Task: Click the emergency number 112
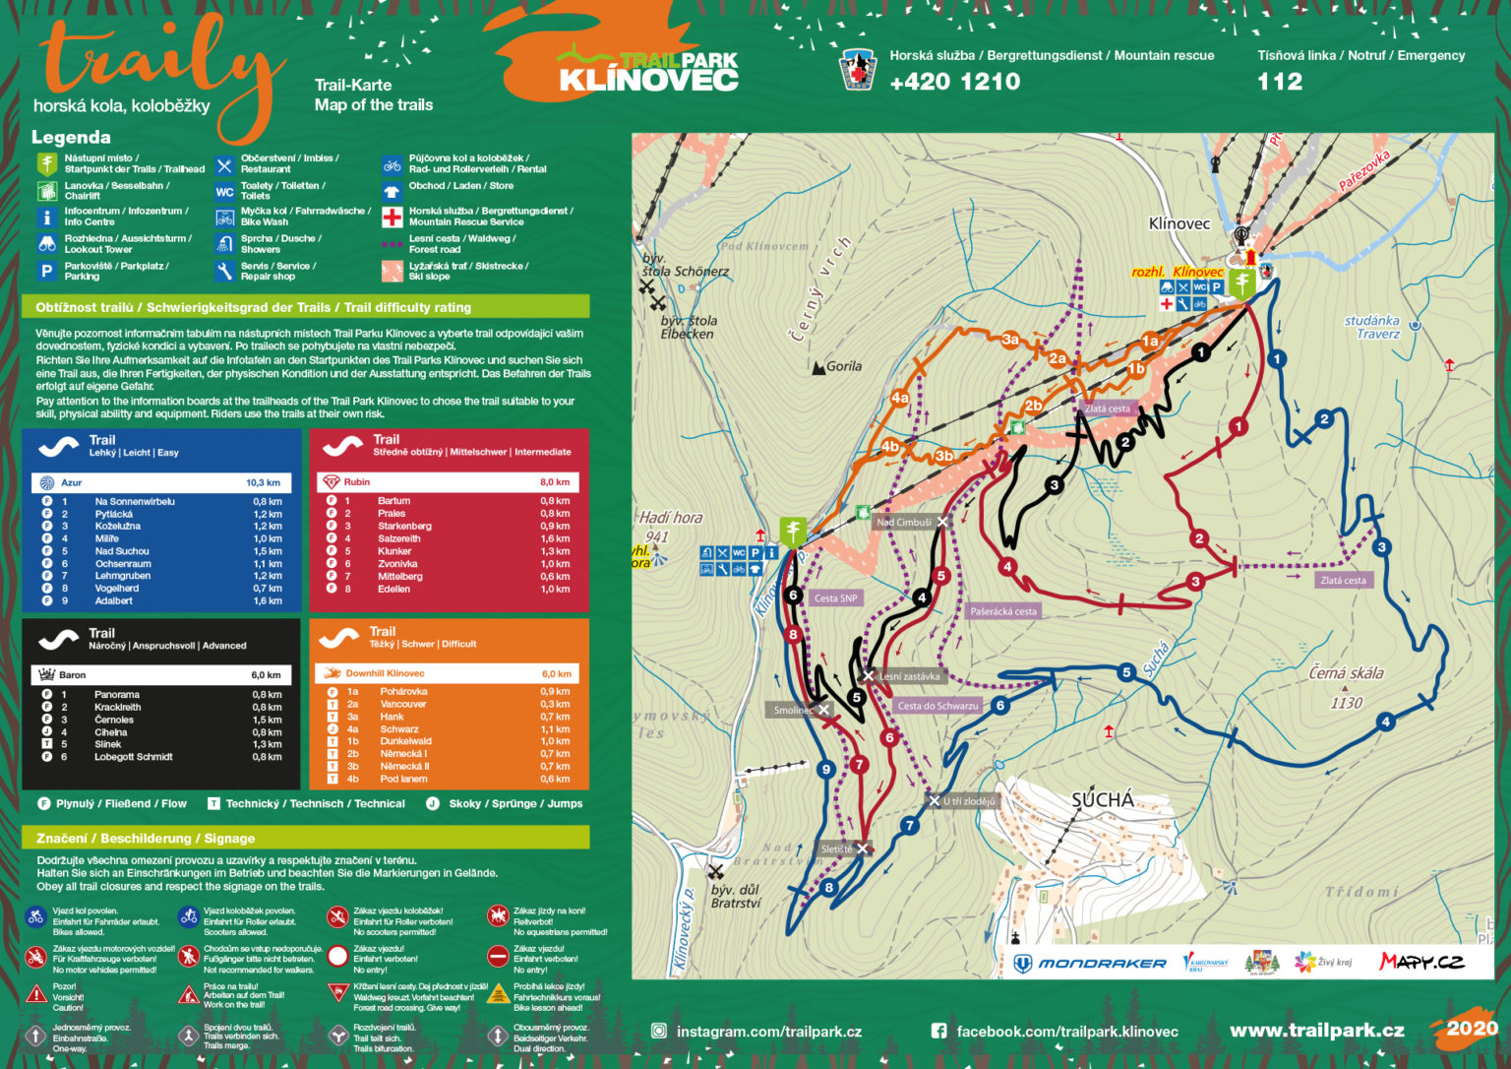click(x=1279, y=82)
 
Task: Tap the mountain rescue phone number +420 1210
click(x=954, y=82)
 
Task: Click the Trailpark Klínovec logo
click(x=649, y=70)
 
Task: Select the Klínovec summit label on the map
click(x=1179, y=223)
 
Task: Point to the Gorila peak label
click(x=842, y=366)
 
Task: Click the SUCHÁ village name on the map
click(x=1102, y=799)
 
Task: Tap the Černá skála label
click(x=1346, y=673)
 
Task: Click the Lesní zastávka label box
click(x=909, y=676)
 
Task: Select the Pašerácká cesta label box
click(x=1003, y=611)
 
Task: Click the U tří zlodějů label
click(x=969, y=801)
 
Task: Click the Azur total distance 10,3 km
click(x=263, y=482)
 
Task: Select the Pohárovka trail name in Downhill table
click(x=403, y=692)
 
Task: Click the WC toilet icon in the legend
click(x=224, y=192)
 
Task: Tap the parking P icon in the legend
click(x=46, y=271)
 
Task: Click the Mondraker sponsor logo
click(x=1090, y=963)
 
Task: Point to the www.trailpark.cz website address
click(x=1316, y=1031)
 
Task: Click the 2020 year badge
click(x=1472, y=1028)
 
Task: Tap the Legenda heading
click(x=71, y=137)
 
